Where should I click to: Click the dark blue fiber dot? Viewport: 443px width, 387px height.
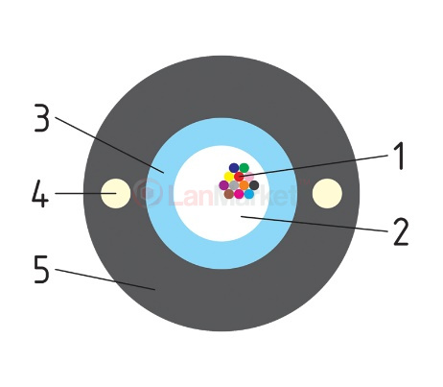click(x=234, y=168)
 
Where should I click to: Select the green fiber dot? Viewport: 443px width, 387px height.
click(x=245, y=168)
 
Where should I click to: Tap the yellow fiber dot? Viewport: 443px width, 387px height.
click(x=229, y=177)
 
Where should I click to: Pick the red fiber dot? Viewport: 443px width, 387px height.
click(x=239, y=177)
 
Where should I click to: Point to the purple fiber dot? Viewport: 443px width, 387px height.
click(x=223, y=185)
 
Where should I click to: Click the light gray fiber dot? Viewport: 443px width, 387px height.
click(x=234, y=185)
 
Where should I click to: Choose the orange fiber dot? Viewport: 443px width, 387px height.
click(x=245, y=185)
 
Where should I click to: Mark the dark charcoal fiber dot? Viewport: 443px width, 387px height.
click(x=254, y=185)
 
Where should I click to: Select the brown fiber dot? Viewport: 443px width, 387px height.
click(x=229, y=194)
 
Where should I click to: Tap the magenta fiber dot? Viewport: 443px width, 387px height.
click(x=239, y=194)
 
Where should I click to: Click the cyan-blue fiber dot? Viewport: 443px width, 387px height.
click(x=249, y=194)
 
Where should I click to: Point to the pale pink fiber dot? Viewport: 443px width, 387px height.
click(x=249, y=176)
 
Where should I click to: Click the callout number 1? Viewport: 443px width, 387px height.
click(x=399, y=156)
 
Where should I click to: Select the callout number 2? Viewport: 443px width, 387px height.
click(x=401, y=231)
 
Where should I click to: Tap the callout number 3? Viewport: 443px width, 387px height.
click(x=42, y=118)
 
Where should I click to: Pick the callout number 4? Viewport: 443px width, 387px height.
click(x=40, y=193)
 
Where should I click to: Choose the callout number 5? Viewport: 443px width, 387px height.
click(x=42, y=269)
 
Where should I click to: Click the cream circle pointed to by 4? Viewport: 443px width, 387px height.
click(x=116, y=194)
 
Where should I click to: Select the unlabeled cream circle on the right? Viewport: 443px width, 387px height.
click(x=327, y=194)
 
